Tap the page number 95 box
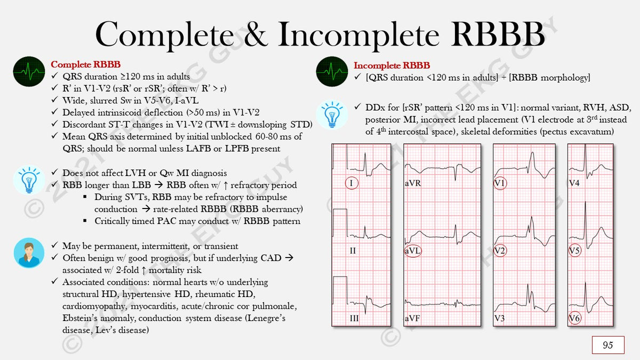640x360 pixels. click(x=607, y=345)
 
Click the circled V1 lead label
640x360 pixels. click(x=500, y=183)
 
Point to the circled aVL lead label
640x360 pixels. click(x=413, y=251)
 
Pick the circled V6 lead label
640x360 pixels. click(x=574, y=318)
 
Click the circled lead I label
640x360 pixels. click(x=351, y=183)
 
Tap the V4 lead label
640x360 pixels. click(x=574, y=183)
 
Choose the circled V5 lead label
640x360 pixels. click(x=574, y=251)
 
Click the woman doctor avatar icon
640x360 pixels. click(x=29, y=253)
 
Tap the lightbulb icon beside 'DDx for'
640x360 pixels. click(x=332, y=114)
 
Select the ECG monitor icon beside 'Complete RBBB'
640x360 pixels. click(x=29, y=71)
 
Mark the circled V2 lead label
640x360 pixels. click(x=500, y=251)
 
